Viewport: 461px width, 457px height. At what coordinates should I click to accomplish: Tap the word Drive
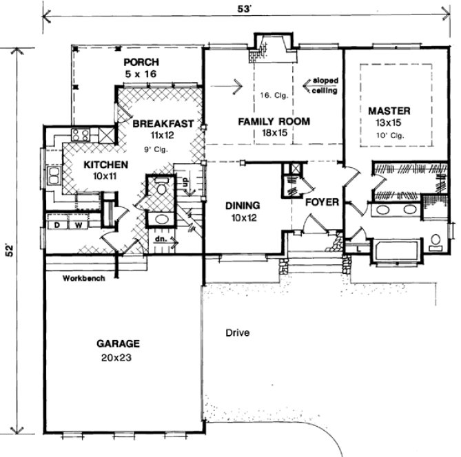click(x=237, y=333)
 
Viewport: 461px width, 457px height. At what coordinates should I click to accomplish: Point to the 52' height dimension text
click(x=9, y=250)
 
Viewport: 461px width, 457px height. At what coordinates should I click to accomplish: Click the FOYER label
click(x=321, y=202)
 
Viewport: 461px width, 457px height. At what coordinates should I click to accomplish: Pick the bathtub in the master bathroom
click(x=396, y=250)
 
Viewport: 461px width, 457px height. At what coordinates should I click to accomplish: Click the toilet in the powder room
click(x=161, y=189)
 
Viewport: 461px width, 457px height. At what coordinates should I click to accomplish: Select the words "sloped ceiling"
click(x=324, y=85)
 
